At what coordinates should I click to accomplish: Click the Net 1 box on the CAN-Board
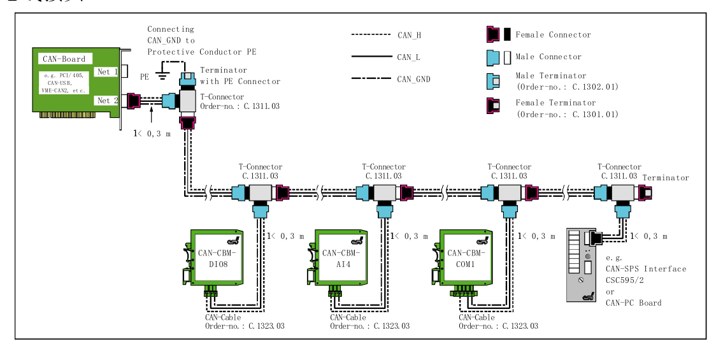tap(107, 72)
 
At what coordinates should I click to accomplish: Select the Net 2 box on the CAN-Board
tap(107, 100)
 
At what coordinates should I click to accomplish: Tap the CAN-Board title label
tap(64, 59)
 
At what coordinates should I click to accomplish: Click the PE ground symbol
tap(162, 76)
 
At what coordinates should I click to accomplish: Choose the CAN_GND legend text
tap(413, 79)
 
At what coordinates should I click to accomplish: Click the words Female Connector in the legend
tap(553, 34)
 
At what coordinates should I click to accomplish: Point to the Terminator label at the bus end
tap(666, 178)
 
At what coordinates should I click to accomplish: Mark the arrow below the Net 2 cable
tap(151, 115)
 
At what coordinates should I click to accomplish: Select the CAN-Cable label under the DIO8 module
tap(223, 317)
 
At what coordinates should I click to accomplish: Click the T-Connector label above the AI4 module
tap(383, 167)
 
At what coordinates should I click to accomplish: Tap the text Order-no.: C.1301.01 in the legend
tap(567, 114)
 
